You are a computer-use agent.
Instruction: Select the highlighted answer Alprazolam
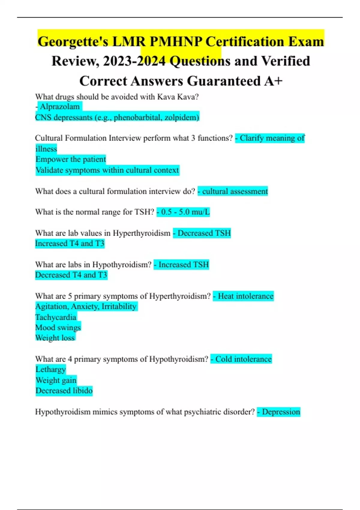tap(60, 106)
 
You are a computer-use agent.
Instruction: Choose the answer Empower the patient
tap(70, 159)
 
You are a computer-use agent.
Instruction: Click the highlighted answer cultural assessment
tap(235, 191)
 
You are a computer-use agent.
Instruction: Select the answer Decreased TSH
tap(204, 233)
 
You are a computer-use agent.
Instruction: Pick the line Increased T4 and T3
tap(70, 243)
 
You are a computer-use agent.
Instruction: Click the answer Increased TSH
tap(183, 265)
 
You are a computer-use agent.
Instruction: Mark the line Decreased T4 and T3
tap(71, 275)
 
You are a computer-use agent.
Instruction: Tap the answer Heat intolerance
tap(245, 296)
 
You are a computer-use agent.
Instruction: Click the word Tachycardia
tap(56, 317)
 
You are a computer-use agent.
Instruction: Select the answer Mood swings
tap(58, 327)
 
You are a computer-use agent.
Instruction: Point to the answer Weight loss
tap(55, 338)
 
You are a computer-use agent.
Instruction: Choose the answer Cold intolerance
tap(243, 359)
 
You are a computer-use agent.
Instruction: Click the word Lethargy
tap(50, 369)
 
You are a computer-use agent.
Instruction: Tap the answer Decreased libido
tap(64, 391)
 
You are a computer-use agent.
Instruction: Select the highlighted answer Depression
tap(281, 412)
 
